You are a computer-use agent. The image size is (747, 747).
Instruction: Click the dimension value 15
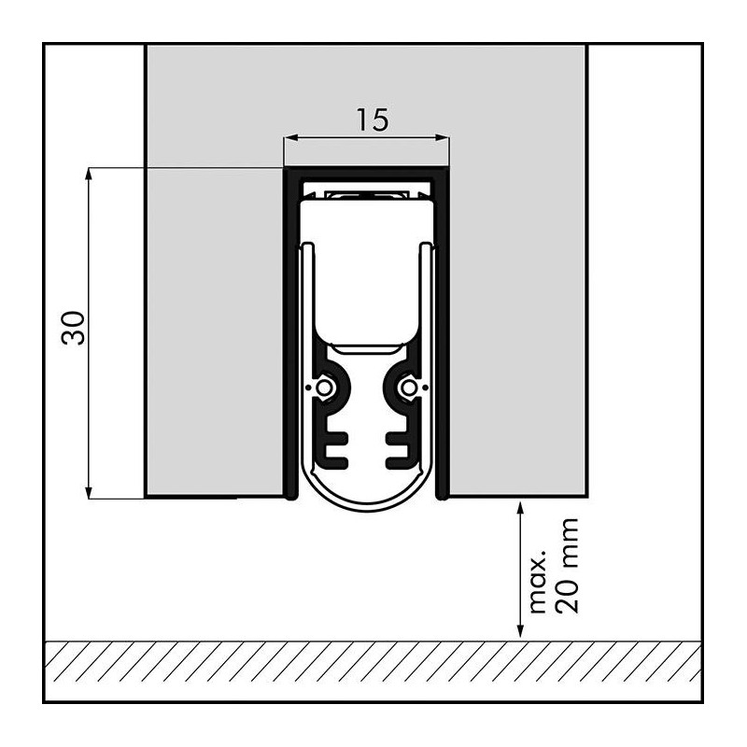click(373, 120)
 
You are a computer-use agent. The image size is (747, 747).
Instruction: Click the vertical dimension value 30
click(74, 328)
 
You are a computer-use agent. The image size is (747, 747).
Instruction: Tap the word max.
click(538, 582)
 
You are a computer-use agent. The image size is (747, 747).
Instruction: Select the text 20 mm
click(568, 566)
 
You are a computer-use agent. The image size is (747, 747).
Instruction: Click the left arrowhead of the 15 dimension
click(290, 138)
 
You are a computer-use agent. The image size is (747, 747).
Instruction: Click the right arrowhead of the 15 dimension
click(443, 138)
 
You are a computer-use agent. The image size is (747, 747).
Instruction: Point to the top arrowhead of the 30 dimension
click(88, 175)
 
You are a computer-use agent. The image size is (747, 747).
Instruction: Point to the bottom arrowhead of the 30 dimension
click(88, 492)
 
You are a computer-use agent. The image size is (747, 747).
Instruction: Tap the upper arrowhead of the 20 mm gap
click(521, 507)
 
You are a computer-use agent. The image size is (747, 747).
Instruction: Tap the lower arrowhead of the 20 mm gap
click(521, 630)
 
